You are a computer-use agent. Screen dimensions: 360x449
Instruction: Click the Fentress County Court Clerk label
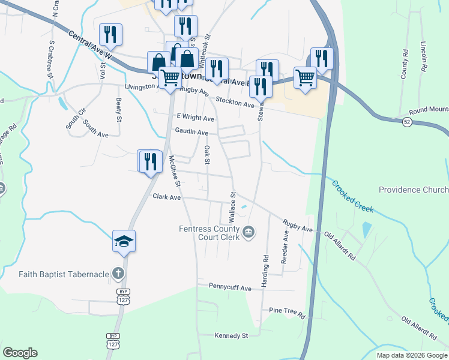pos(209,232)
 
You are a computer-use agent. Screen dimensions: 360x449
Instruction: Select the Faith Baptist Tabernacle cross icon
pos(118,274)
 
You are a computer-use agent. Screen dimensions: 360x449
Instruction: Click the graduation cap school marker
pos(124,241)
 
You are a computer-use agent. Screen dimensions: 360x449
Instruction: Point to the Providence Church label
pos(413,190)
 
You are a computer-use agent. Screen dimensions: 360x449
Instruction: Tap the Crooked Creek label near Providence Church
pos(352,196)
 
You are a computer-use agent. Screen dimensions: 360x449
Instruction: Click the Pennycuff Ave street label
pos(230,288)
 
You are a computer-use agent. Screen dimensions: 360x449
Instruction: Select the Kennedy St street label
pos(231,336)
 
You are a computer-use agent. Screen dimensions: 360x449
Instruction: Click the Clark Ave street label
pos(166,197)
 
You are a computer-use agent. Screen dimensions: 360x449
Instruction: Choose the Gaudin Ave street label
pos(191,132)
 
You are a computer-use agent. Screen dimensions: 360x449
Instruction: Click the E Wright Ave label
pos(195,119)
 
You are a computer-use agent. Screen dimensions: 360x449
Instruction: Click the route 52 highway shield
pos(407,122)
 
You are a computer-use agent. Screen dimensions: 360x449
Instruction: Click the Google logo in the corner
pos(20,353)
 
